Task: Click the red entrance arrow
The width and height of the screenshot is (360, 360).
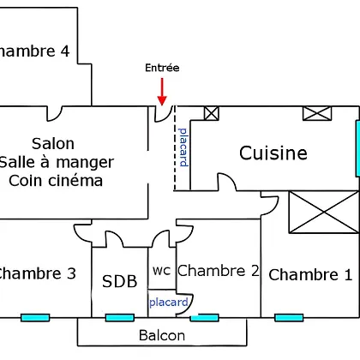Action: [x=162, y=92]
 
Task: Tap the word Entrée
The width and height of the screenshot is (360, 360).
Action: [x=162, y=68]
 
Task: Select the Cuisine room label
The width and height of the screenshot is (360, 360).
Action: [x=273, y=153]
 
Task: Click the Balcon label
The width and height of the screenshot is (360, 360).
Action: [x=162, y=335]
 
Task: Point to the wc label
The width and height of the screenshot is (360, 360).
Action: [x=162, y=271]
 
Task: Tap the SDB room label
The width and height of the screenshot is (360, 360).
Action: [x=120, y=281]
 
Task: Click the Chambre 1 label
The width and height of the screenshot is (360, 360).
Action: [x=310, y=275]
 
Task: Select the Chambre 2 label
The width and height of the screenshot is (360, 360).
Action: [x=219, y=271]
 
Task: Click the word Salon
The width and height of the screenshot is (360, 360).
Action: [x=53, y=144]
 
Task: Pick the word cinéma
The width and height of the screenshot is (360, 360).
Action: [x=75, y=181]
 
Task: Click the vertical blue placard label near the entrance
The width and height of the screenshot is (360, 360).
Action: [x=183, y=147]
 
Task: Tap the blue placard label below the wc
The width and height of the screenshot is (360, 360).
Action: [x=169, y=303]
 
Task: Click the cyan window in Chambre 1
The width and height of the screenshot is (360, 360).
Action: [x=289, y=317]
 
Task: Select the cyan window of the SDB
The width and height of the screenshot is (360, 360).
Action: [x=120, y=317]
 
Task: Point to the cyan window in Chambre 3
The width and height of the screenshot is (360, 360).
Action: [x=35, y=317]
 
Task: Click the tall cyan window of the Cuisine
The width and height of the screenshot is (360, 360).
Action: [x=357, y=148]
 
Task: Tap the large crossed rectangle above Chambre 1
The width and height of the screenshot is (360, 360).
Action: [x=324, y=212]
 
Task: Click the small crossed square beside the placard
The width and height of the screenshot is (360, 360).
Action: [x=212, y=113]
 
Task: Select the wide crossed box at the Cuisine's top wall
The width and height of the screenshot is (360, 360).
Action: [x=317, y=113]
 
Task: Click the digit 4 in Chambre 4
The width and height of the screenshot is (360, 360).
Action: [x=65, y=51]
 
